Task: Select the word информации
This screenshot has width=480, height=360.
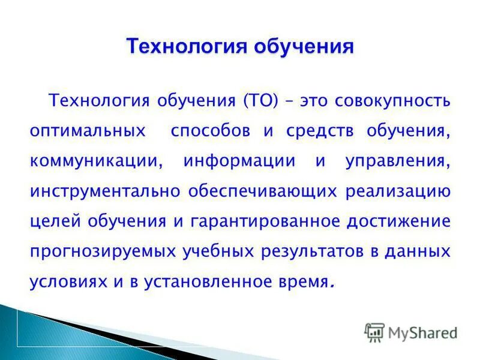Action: coord(239,161)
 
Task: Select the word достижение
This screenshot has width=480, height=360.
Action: coord(398,221)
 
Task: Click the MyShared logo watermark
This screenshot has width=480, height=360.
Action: coord(412,332)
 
